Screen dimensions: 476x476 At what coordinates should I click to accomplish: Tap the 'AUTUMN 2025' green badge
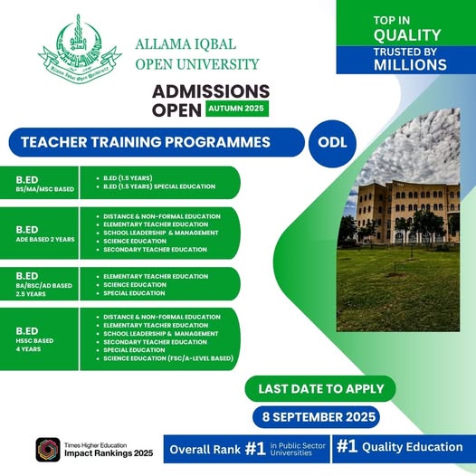tap(236, 107)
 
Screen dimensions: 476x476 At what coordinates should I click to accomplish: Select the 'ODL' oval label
tap(332, 142)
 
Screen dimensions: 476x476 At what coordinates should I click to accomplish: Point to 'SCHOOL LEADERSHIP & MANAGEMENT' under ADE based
tap(161, 233)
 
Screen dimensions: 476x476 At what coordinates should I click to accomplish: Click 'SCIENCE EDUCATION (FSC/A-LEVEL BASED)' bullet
tap(167, 358)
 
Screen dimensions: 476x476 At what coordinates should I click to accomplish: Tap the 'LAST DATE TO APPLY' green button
tap(320, 388)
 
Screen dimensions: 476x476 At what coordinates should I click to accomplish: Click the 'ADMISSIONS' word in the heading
tap(211, 90)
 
